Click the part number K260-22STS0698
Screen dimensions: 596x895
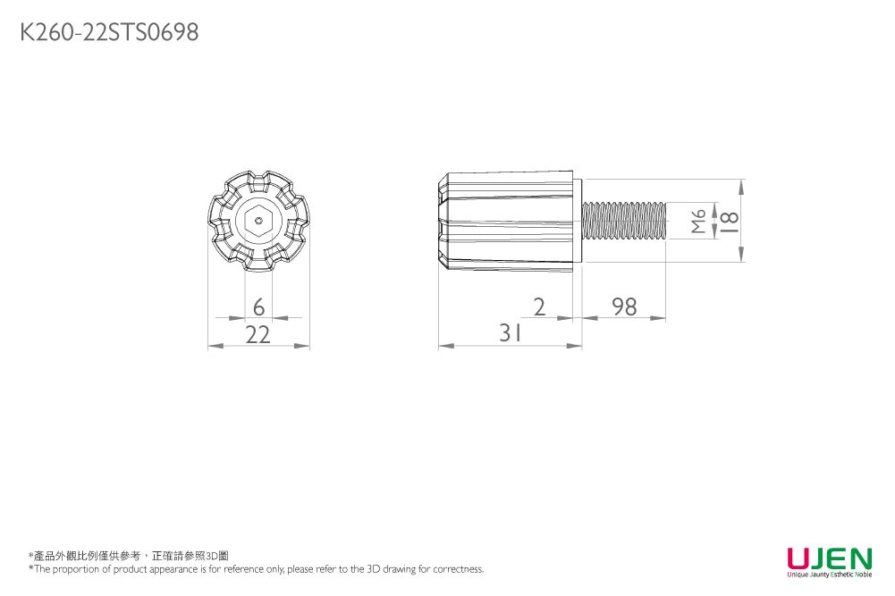(x=109, y=33)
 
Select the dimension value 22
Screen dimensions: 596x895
(x=258, y=335)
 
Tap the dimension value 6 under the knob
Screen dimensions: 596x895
(x=258, y=307)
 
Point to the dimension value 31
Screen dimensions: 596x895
(x=511, y=334)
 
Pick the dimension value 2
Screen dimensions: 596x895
(x=538, y=307)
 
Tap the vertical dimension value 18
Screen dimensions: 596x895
(x=729, y=220)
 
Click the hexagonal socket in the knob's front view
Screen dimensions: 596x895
(x=258, y=220)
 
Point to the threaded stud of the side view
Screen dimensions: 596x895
(x=624, y=220)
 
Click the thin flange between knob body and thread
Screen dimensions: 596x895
(x=578, y=220)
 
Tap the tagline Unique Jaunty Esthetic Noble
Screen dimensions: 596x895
(x=829, y=575)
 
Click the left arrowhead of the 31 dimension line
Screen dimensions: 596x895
(x=444, y=346)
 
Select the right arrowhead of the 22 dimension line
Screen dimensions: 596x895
(x=303, y=346)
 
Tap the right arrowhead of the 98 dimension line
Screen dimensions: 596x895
(x=660, y=318)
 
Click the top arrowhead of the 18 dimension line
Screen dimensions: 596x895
(x=741, y=186)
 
